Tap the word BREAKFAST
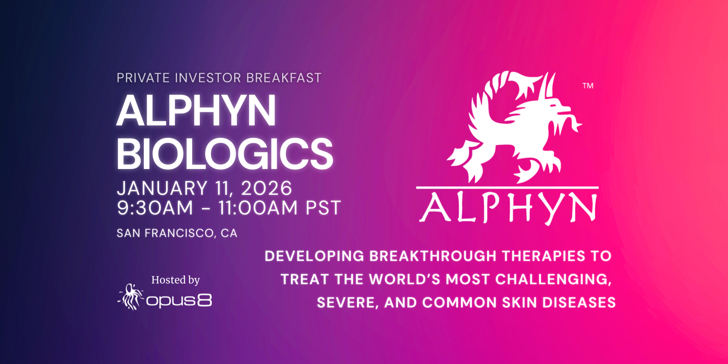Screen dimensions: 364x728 click(284, 78)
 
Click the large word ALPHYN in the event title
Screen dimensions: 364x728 click(196, 111)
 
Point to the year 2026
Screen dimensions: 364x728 click(266, 188)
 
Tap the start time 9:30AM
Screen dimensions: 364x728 click(155, 208)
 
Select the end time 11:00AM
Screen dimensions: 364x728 click(258, 208)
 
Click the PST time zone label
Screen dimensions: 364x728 click(323, 208)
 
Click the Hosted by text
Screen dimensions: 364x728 click(175, 280)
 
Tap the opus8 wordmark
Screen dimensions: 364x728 click(179, 301)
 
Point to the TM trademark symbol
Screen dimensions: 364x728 click(588, 86)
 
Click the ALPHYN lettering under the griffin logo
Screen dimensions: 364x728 click(508, 208)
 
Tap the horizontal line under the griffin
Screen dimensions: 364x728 click(507, 187)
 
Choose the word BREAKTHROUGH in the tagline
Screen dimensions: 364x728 click(433, 256)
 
